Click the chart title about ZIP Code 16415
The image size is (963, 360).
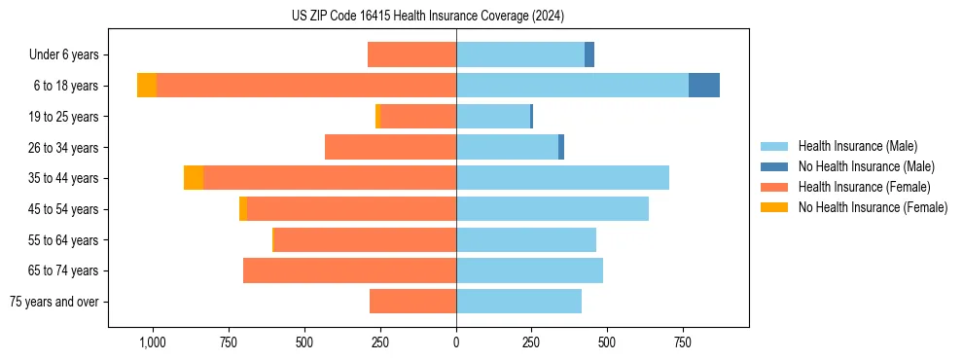click(427, 16)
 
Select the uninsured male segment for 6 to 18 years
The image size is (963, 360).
click(703, 86)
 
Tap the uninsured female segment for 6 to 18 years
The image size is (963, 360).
click(147, 86)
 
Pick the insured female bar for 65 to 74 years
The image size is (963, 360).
click(349, 270)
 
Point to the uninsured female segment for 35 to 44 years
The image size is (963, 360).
click(194, 178)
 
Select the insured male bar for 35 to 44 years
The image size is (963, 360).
click(562, 178)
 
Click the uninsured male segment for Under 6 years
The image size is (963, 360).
click(589, 54)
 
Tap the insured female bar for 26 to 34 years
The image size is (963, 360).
click(390, 147)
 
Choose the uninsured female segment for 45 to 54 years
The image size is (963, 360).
click(243, 209)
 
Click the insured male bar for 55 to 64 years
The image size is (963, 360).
click(526, 240)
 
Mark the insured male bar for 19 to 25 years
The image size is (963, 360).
click(493, 117)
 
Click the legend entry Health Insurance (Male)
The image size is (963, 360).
click(857, 146)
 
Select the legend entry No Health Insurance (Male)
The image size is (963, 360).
click(866, 166)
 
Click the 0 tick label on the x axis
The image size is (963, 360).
click(456, 342)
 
